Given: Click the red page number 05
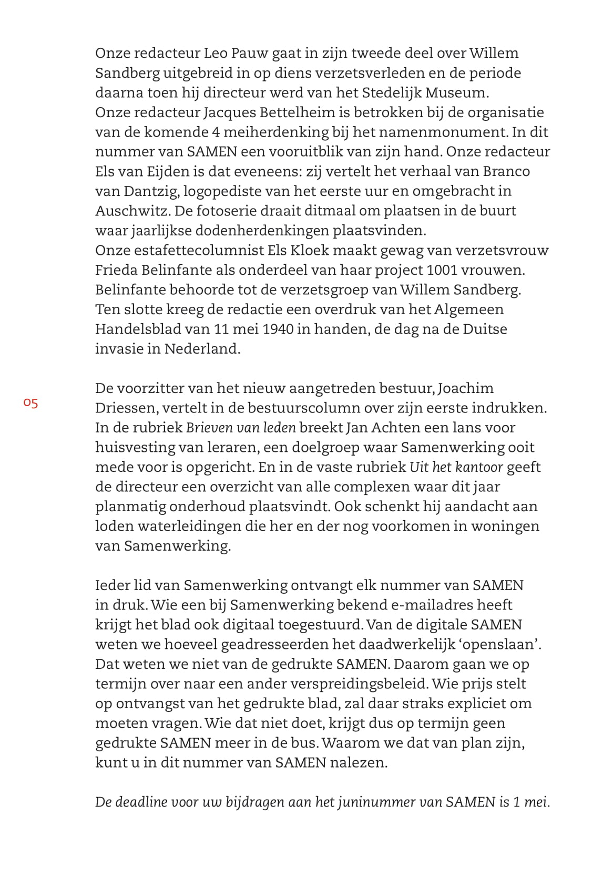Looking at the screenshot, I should point(30,404).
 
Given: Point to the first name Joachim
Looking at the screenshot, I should point(466,389).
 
